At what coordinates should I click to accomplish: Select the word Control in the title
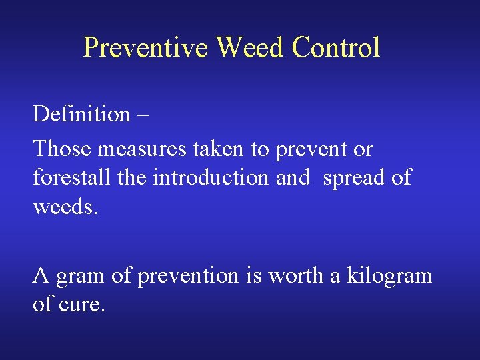coord(336,47)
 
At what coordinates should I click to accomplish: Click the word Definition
coord(81,114)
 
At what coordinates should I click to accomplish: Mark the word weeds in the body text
coord(65,207)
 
